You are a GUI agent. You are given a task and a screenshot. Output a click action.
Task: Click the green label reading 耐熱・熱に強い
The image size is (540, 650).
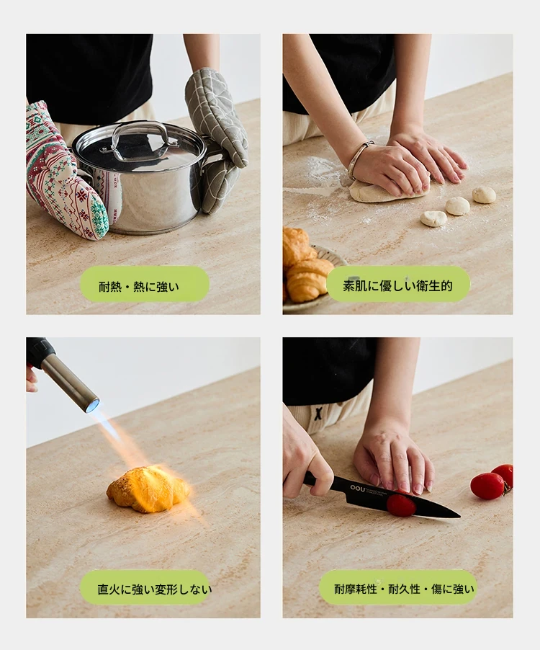click(x=145, y=285)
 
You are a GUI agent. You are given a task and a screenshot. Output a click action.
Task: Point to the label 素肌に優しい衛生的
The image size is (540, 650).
click(x=398, y=285)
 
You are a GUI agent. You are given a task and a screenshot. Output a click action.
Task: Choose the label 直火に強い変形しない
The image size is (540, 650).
click(x=145, y=588)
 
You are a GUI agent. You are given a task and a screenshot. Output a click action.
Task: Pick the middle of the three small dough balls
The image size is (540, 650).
click(x=458, y=206)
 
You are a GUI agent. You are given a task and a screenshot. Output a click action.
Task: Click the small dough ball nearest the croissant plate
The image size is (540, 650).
click(x=433, y=218)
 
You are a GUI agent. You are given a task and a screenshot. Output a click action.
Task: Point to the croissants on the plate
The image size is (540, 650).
click(x=307, y=265)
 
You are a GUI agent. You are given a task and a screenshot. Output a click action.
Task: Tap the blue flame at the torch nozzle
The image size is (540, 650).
click(x=92, y=406)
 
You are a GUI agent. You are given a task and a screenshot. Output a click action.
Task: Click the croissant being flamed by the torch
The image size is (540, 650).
click(x=147, y=489)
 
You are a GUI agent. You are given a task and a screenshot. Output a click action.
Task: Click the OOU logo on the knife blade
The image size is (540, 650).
click(x=358, y=489)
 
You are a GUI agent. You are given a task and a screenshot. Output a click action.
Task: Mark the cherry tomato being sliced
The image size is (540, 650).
click(x=401, y=505)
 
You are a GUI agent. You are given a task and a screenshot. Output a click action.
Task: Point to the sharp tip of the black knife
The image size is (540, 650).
click(x=459, y=516)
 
